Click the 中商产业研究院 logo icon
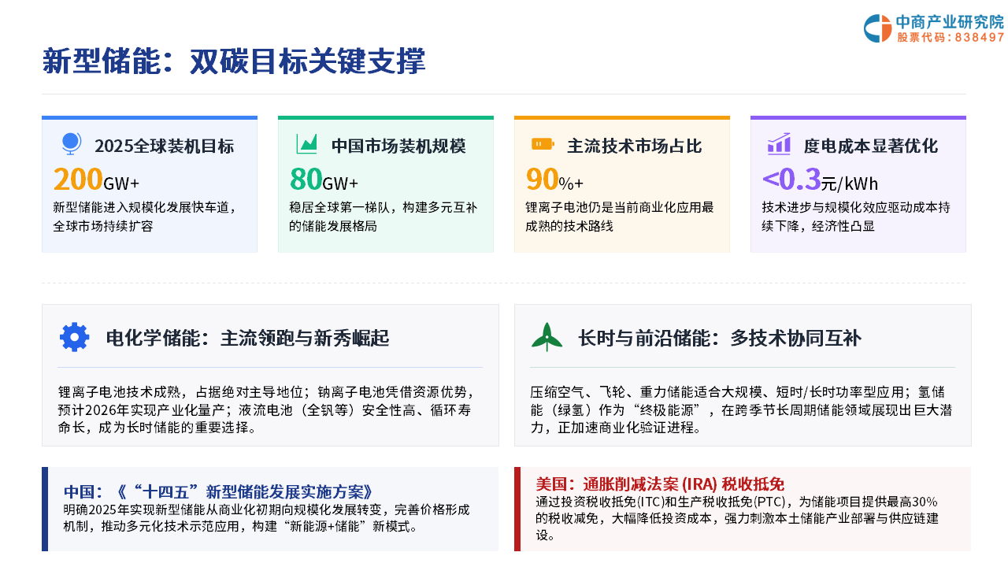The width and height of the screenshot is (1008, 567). tap(877, 28)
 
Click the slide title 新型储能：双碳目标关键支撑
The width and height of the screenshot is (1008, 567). tap(234, 61)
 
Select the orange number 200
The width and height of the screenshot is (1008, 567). tap(78, 179)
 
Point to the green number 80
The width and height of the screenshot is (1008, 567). tap(306, 179)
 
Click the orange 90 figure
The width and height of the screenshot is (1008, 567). tap(543, 179)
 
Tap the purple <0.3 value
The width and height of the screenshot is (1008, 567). tap(791, 179)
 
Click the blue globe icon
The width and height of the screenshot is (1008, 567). tap(71, 143)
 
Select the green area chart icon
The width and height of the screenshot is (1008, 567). tap(307, 144)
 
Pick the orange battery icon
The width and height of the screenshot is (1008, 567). tap(543, 144)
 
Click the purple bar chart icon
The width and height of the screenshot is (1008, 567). tap(779, 144)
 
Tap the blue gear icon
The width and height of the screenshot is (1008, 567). tap(75, 337)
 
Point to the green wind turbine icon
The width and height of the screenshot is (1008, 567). tap(547, 336)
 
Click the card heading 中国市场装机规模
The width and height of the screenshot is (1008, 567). tap(398, 146)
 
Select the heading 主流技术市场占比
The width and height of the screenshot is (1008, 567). tap(635, 146)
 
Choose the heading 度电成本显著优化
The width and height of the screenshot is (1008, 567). tap(871, 146)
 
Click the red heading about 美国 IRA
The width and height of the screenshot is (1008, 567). tap(660, 484)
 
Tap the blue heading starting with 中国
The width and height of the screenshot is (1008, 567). tap(218, 492)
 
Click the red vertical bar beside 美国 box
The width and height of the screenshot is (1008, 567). tap(517, 509)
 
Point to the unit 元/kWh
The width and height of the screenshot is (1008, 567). tap(850, 183)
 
